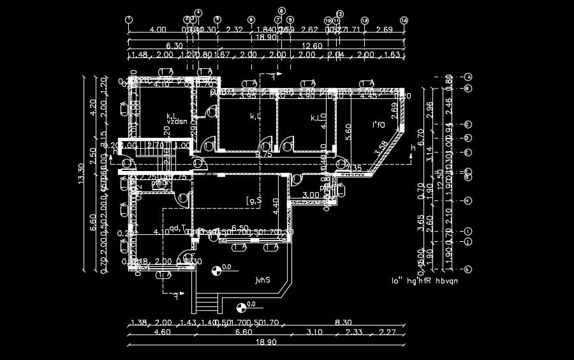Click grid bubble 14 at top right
404,20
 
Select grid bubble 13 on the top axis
365,20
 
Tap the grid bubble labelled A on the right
468,77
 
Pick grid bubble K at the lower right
468,269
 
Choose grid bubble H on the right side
468,200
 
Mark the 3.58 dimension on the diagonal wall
381,147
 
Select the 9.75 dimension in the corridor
264,154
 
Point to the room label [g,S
254,202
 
